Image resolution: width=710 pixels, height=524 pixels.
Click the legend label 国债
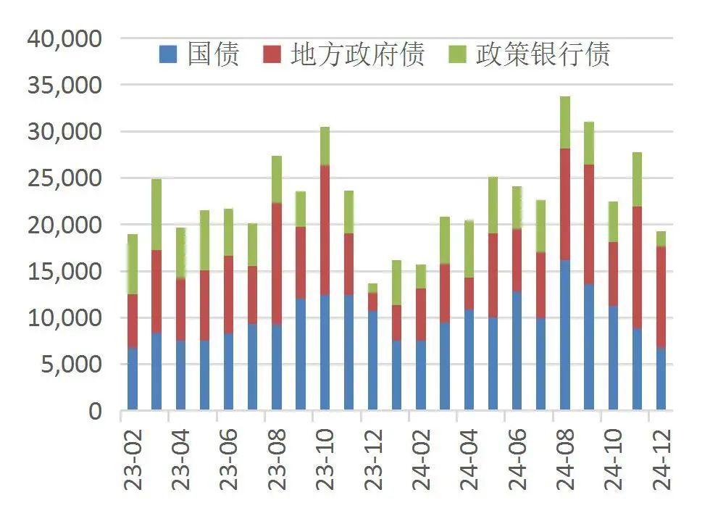[x=213, y=54]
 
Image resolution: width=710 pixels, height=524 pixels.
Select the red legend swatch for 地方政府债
[x=272, y=54]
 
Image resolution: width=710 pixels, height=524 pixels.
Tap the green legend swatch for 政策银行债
[x=458, y=54]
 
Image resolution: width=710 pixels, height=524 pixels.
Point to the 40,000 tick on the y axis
[x=65, y=38]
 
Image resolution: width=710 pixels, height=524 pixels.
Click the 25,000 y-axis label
[x=65, y=178]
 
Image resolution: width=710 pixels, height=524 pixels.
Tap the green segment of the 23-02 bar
[x=133, y=265]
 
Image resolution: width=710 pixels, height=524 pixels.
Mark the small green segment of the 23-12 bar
[x=373, y=288]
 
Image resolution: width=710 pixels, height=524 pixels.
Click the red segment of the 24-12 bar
[x=661, y=297]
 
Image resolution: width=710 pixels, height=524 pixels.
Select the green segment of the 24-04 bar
[x=469, y=249]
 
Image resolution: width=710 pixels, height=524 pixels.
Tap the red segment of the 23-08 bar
[x=277, y=264]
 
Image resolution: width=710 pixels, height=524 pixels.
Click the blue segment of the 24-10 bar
[x=613, y=358]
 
